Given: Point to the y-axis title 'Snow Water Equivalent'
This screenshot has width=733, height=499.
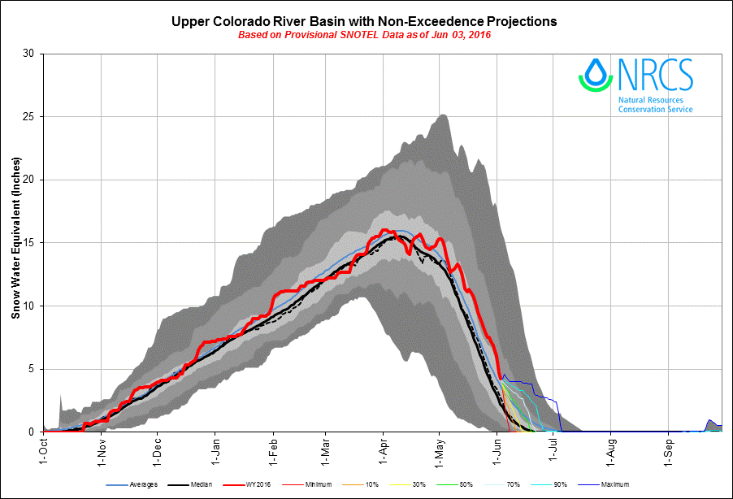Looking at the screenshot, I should pos(15,242).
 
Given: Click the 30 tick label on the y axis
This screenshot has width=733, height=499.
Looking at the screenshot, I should pos(30,54).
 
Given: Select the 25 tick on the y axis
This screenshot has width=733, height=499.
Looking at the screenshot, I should pos(30,117).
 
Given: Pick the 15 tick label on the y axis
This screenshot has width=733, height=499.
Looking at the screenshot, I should pos(30,243).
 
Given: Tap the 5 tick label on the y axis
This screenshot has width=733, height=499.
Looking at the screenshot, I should pos(33,369).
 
